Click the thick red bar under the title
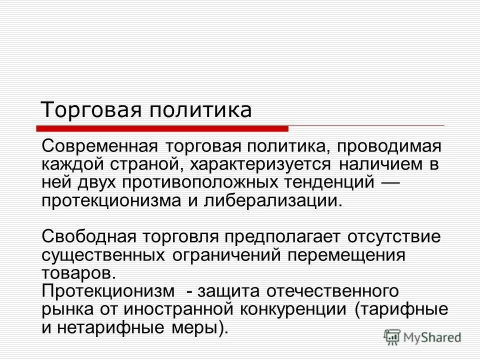(165, 128)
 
